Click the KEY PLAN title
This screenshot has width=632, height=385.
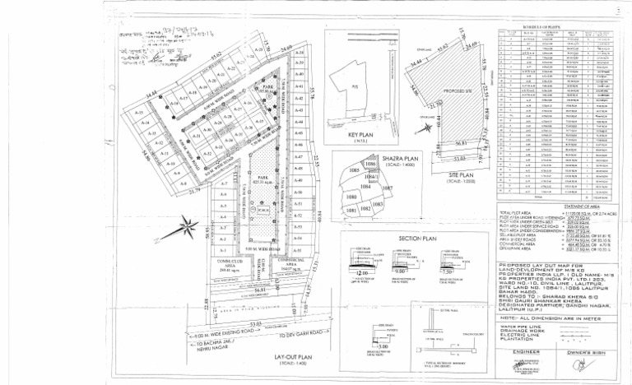pyautogui.click(x=360, y=133)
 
